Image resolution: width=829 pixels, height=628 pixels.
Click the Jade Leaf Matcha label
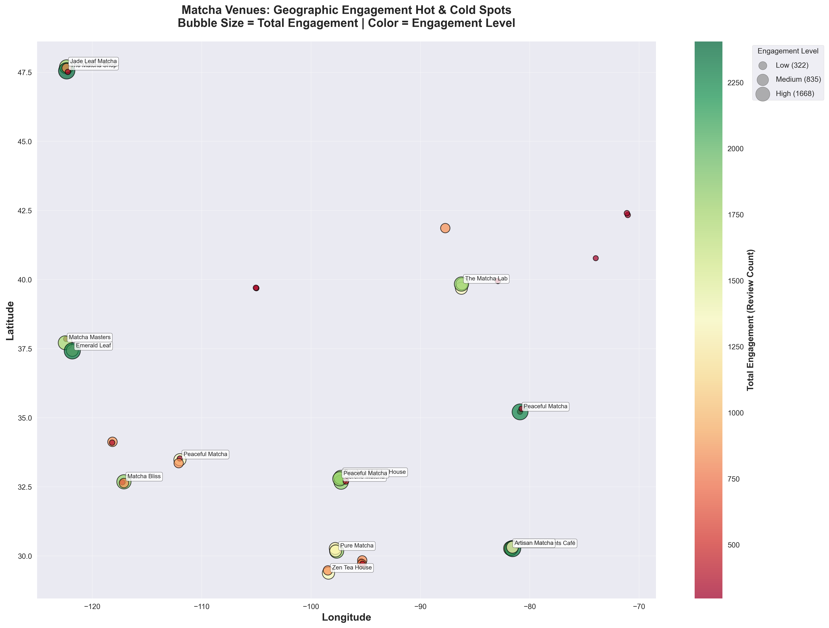point(93,62)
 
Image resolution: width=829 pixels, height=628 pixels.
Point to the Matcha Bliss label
point(144,477)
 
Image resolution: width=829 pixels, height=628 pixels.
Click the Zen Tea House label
point(352,568)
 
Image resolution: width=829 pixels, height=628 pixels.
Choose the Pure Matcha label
point(357,546)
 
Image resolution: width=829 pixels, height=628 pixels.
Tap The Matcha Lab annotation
point(486,279)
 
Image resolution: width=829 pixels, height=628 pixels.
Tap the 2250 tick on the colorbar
point(736,83)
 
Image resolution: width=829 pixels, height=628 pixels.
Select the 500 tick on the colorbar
point(734,545)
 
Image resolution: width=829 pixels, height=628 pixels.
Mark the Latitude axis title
point(11,321)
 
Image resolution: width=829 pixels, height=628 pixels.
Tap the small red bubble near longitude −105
point(256,288)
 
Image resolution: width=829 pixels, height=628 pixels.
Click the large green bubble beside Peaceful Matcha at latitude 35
point(519,412)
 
